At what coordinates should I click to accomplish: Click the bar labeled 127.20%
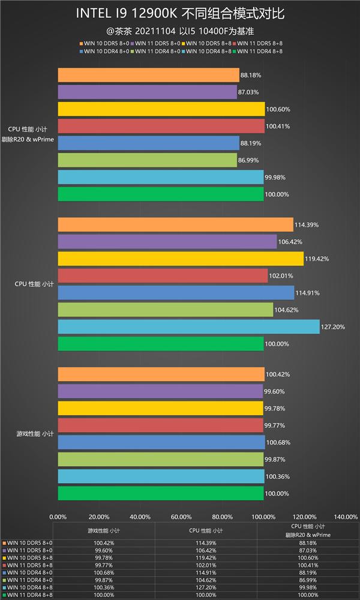188,326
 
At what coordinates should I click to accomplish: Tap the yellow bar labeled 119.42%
181,259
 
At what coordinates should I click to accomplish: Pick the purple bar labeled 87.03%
148,92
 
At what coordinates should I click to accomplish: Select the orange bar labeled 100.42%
161,374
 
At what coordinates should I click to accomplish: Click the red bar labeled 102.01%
163,275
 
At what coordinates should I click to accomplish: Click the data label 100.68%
278,442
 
